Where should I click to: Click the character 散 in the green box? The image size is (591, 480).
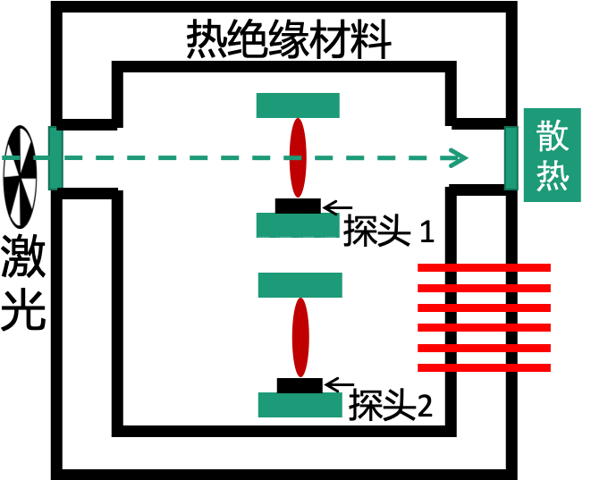point(552,135)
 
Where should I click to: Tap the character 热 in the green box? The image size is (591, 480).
point(552,175)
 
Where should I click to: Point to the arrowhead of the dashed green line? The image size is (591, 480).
point(460,158)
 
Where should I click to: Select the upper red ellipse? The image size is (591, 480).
point(298,157)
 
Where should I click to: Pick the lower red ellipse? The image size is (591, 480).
point(300,337)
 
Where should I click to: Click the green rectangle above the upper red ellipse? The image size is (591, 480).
point(298,105)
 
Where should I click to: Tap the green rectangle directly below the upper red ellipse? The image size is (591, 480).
point(298,224)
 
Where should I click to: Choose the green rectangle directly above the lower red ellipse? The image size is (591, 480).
point(300,285)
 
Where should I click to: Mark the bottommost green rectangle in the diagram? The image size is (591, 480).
point(300,405)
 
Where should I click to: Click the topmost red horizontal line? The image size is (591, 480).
point(484,267)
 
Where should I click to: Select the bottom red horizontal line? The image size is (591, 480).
point(484,367)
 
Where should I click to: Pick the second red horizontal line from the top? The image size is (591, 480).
point(484,288)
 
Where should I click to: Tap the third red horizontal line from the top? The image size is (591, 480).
point(484,307)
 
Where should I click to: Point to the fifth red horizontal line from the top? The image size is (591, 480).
point(484,348)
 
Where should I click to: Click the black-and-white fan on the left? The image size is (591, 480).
point(20,176)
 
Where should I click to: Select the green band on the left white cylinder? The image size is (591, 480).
point(55,158)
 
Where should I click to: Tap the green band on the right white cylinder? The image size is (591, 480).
point(511,157)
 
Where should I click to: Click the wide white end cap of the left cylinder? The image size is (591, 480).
point(131,159)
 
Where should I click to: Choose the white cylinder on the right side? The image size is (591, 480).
point(456,157)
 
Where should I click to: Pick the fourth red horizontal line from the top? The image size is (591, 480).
point(484,327)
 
